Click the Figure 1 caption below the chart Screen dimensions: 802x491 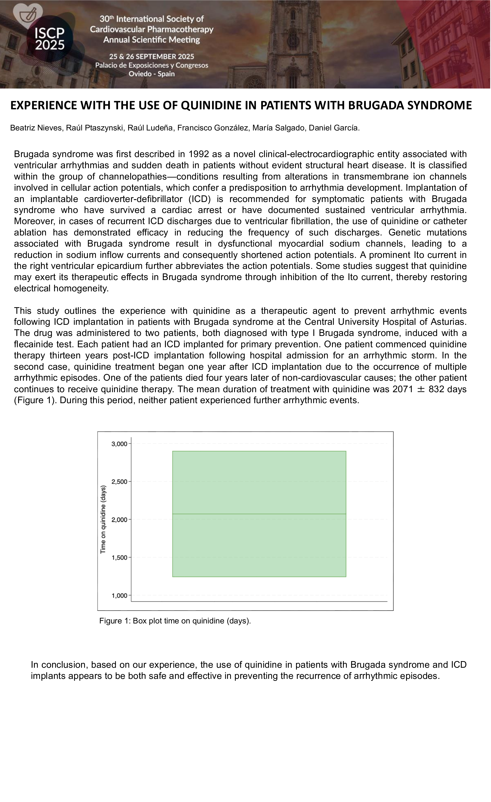[175, 621]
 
